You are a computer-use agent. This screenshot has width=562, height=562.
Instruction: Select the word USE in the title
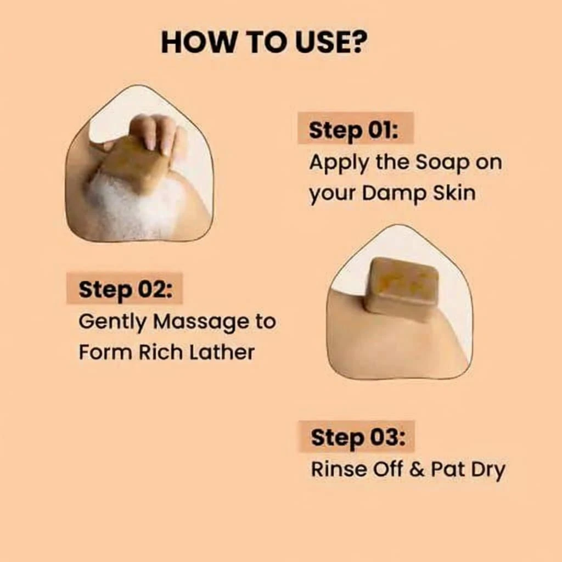click(318, 42)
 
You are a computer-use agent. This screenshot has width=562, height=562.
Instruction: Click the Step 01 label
click(353, 130)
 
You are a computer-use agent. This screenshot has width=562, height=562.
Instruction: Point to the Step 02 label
click(125, 289)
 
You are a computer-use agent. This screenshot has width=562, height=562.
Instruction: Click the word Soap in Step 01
click(442, 164)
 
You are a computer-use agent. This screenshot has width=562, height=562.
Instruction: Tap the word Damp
click(394, 194)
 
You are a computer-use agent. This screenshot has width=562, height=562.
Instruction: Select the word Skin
click(454, 193)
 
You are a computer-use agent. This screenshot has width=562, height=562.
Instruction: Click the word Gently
click(112, 322)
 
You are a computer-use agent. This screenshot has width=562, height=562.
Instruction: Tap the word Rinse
click(339, 469)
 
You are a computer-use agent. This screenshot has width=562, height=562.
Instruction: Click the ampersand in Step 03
click(416, 470)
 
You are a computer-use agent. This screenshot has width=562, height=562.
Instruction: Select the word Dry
click(488, 470)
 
